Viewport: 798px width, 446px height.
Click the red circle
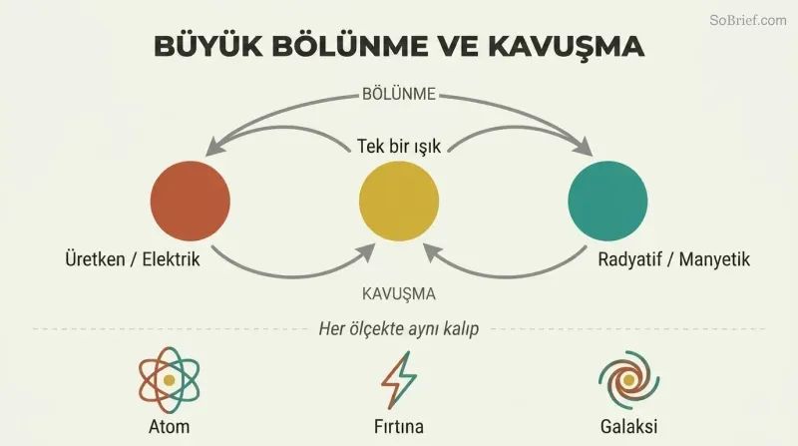tap(191, 202)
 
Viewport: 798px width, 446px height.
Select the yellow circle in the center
tap(399, 202)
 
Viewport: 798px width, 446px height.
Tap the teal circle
tap(607, 202)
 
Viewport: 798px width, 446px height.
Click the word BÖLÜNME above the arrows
tap(399, 94)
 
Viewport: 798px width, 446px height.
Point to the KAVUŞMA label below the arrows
tap(399, 293)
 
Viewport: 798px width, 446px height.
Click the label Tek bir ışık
tap(399, 146)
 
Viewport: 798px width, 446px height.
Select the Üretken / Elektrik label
tap(133, 259)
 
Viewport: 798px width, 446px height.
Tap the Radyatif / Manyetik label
tap(674, 259)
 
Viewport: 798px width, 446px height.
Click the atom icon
tap(169, 380)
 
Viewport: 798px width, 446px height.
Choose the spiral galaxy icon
tap(629, 380)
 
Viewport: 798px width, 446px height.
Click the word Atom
tap(169, 427)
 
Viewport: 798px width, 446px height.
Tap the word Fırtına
tap(398, 427)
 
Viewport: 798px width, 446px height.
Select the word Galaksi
tap(629, 427)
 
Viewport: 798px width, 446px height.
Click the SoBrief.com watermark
tap(748, 20)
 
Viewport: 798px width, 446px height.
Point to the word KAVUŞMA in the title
tap(566, 46)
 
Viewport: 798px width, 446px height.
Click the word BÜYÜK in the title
tap(208, 46)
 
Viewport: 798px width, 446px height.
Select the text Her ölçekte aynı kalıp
tap(398, 329)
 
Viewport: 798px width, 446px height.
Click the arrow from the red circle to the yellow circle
tap(292, 275)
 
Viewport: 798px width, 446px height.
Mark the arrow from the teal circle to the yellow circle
tap(506, 275)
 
